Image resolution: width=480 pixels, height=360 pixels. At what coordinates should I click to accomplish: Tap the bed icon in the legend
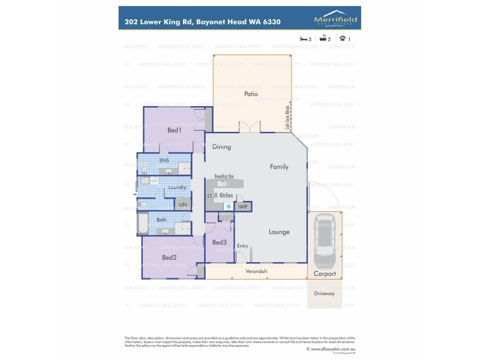(304, 39)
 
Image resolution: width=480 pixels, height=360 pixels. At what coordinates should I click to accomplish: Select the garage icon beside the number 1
(343, 39)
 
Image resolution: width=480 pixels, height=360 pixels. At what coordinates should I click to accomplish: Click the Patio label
(251, 94)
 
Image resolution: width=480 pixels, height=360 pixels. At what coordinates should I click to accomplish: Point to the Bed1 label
(174, 130)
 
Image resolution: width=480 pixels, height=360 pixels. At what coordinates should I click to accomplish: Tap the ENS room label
(164, 161)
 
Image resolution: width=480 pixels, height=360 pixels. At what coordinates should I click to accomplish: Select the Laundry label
(177, 187)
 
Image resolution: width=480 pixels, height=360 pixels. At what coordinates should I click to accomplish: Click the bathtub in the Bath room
(143, 224)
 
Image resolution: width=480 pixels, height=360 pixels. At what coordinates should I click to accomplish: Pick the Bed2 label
(169, 258)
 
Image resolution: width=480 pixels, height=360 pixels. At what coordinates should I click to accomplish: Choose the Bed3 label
(219, 242)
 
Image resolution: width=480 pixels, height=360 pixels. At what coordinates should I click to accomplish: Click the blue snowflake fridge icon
(229, 206)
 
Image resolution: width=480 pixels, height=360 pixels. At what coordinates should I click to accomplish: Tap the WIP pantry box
(243, 206)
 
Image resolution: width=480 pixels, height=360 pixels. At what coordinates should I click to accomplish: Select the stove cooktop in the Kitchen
(210, 196)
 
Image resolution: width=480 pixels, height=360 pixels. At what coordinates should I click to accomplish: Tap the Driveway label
(325, 294)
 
